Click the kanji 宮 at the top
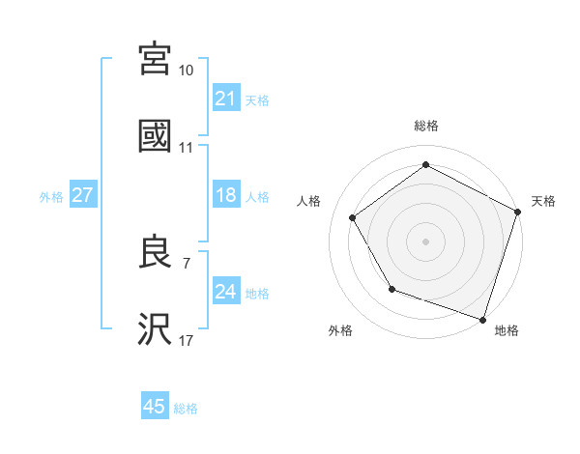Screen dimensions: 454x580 (x=155, y=59)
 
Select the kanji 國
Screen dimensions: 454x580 (x=155, y=136)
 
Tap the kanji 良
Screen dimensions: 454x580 (x=155, y=252)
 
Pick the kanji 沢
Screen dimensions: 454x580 (x=155, y=329)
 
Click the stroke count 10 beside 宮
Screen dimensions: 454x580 (x=187, y=71)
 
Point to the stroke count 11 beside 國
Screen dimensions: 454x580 (x=187, y=148)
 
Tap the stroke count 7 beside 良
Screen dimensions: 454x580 (x=187, y=263)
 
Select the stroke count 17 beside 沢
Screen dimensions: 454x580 (x=187, y=340)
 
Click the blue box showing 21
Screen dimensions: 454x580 (x=226, y=99)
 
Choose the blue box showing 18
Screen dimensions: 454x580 (x=226, y=195)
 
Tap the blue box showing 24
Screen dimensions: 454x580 (x=226, y=292)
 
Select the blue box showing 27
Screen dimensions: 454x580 (x=83, y=195)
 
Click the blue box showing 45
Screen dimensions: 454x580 (x=155, y=407)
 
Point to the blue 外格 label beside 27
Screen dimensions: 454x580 (x=51, y=196)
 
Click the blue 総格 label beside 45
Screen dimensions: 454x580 (x=186, y=408)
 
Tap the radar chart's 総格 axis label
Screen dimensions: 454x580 (x=426, y=126)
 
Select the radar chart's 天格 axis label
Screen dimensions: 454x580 (x=543, y=201)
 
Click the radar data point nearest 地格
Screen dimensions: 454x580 (x=482, y=318)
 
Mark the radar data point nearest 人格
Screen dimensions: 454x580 (x=353, y=217)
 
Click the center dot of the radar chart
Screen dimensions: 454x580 (x=426, y=241)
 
